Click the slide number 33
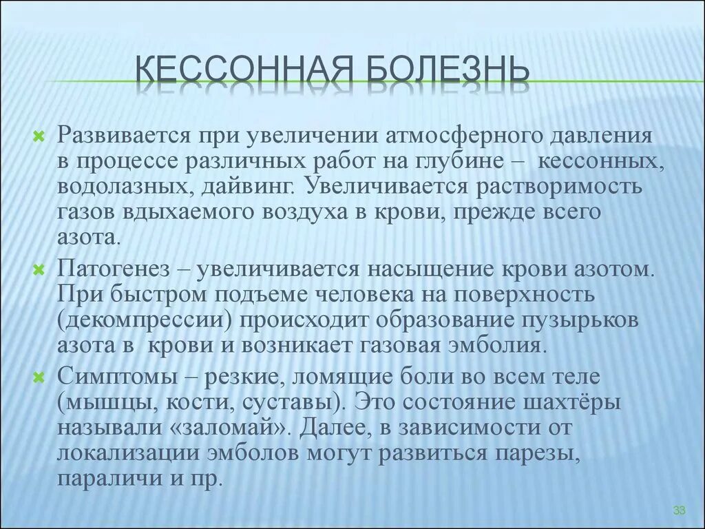[x=680, y=510]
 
